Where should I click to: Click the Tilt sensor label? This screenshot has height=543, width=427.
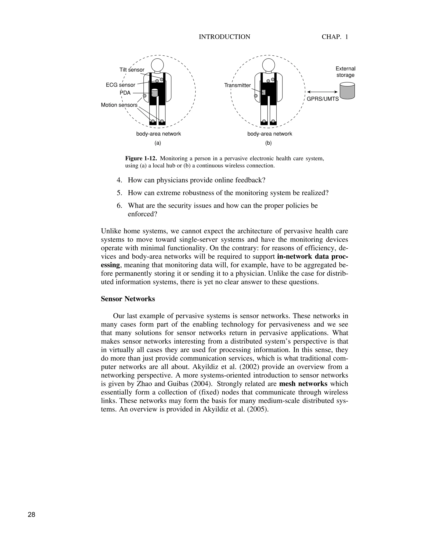point(132,70)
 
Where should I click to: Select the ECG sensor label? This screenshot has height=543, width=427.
point(121,85)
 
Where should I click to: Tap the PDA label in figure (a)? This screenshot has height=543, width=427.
point(125,93)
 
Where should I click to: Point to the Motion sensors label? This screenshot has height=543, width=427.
point(119,105)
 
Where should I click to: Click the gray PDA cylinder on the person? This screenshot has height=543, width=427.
point(155,93)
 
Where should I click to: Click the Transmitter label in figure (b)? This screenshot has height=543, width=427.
point(237,85)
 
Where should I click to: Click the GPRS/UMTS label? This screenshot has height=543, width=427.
point(323,99)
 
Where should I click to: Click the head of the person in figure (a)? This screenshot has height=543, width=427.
point(157,65)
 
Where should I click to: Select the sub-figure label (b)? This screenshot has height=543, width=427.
point(268,143)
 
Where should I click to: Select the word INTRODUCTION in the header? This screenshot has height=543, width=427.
point(224,37)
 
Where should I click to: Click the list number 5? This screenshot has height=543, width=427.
point(119,193)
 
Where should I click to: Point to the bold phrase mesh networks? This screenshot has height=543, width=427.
point(303,384)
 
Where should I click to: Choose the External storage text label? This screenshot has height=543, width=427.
point(345,72)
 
